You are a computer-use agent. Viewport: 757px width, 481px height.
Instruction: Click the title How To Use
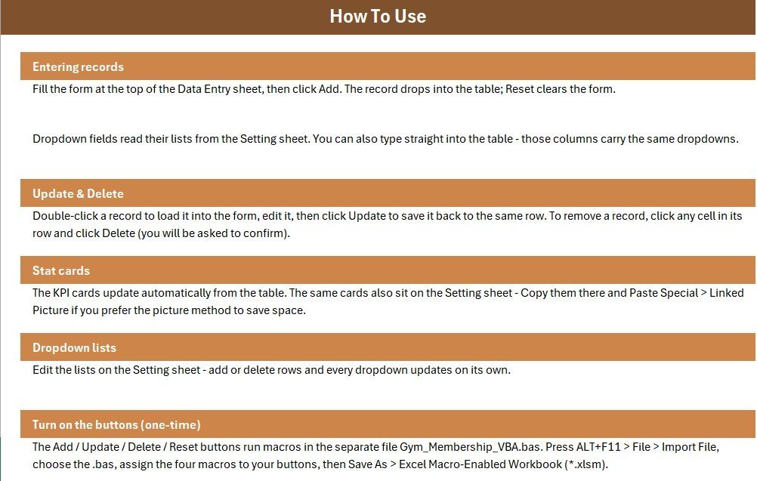pos(378,17)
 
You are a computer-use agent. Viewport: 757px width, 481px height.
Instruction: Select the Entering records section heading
pos(79,66)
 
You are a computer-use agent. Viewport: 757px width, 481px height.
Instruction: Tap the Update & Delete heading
pos(79,193)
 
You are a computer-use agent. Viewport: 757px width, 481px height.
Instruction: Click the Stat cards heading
pos(61,270)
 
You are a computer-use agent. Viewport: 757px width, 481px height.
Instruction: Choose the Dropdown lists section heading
pos(74,348)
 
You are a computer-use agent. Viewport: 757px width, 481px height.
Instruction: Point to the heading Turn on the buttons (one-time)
pos(116,424)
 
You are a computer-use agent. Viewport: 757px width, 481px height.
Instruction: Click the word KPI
pos(61,293)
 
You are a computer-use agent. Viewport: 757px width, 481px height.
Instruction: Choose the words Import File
pos(689,447)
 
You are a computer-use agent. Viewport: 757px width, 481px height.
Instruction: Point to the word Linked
pos(727,293)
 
